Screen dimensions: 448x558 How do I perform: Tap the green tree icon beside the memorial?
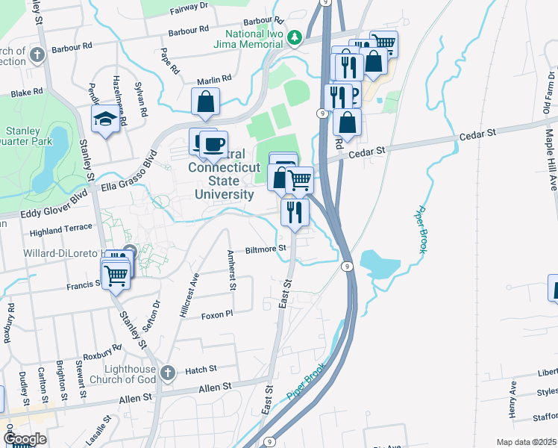pos(295,36)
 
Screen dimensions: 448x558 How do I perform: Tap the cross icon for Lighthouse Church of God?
pos(168,371)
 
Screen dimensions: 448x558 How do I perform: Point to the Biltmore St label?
pos(267,249)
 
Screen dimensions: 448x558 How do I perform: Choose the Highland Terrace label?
pos(60,232)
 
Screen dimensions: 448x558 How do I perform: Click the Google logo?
pos(25,439)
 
